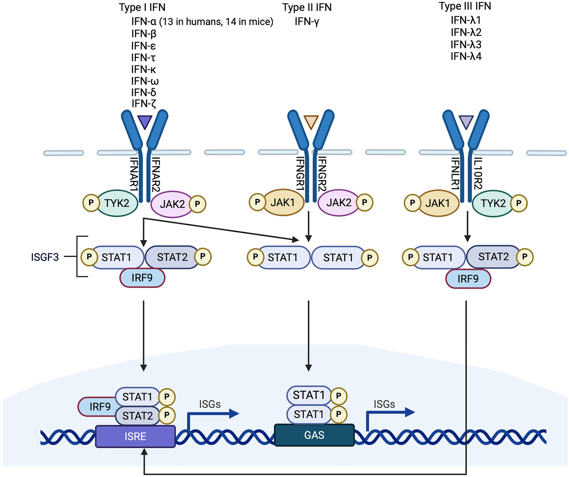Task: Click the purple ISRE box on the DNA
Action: tap(135, 437)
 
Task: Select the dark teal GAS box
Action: tap(314, 435)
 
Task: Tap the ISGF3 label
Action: tap(45, 257)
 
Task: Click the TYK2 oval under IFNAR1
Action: tap(117, 203)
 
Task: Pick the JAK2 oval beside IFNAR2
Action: tap(172, 204)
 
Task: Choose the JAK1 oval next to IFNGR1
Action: tap(283, 203)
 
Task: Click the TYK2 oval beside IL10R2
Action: tap(493, 203)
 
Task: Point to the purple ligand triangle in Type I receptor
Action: tap(145, 122)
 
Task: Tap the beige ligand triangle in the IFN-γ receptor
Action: tap(311, 122)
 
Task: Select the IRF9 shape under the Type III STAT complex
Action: tap(468, 279)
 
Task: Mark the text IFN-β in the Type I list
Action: tap(144, 34)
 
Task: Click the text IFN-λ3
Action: tap(466, 45)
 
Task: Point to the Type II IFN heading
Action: tap(307, 8)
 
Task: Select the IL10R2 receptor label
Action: tap(478, 173)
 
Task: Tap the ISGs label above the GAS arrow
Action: tap(384, 404)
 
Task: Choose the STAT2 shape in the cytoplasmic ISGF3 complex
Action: tap(172, 257)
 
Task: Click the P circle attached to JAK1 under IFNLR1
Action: tap(412, 203)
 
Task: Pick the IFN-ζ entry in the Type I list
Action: tap(144, 104)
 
